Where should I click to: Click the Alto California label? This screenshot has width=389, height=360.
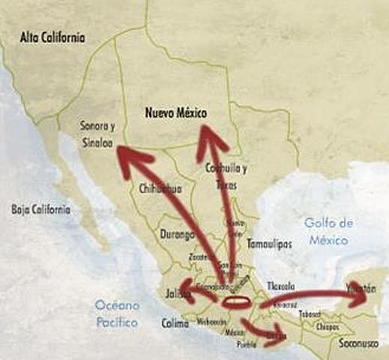[x=53, y=37]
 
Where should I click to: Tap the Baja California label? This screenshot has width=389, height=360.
[x=41, y=209]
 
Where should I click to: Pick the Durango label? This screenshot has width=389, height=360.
[x=178, y=234]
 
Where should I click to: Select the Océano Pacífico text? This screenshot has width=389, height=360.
[x=116, y=313]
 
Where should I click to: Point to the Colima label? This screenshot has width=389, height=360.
[x=175, y=323]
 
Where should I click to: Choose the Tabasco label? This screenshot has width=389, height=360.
[x=310, y=314]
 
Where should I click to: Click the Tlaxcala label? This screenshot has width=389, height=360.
[x=280, y=286]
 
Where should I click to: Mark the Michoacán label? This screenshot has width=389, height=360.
[x=212, y=321]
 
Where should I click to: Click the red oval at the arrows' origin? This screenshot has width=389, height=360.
[x=236, y=303]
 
